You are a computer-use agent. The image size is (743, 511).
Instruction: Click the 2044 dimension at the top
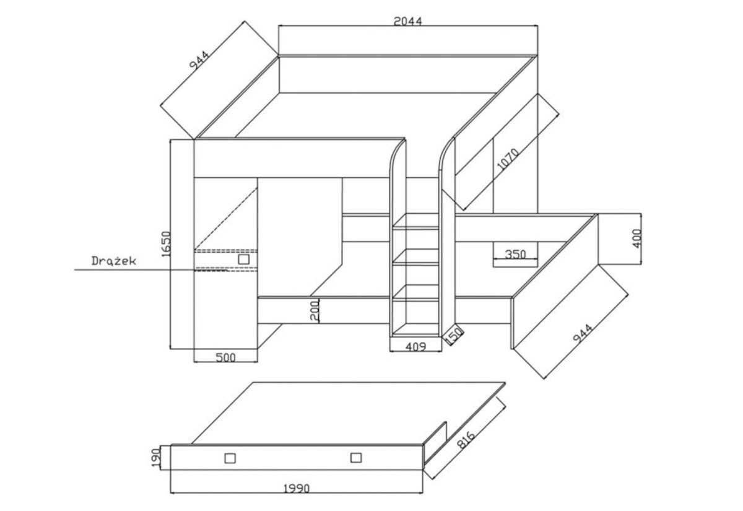tap(407, 21)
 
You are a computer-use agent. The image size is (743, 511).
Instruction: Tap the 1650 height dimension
tap(165, 244)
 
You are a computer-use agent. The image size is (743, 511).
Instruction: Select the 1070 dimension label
tap(508, 159)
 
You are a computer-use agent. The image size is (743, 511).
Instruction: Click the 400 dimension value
tap(637, 238)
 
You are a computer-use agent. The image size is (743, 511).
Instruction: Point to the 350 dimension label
tap(515, 254)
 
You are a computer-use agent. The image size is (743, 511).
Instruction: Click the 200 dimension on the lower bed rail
tap(315, 310)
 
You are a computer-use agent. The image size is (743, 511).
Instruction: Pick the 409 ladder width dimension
tap(415, 347)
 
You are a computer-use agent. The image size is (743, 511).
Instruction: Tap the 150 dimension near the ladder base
tap(454, 335)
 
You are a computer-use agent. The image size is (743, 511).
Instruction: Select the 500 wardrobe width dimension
tap(225, 357)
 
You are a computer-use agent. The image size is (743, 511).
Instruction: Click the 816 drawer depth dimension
tap(466, 440)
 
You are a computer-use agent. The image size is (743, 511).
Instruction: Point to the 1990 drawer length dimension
tap(297, 489)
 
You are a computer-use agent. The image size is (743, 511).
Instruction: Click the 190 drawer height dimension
tap(156, 458)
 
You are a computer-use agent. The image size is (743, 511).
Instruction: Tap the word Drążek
tap(114, 261)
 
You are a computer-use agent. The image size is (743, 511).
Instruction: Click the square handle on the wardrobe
tap(244, 259)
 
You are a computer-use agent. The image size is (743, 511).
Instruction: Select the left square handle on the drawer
tap(230, 458)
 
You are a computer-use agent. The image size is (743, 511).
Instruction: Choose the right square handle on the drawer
tap(356, 458)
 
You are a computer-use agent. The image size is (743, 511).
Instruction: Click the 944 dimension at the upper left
tap(199, 59)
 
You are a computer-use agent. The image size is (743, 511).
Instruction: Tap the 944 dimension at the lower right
tap(583, 333)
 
